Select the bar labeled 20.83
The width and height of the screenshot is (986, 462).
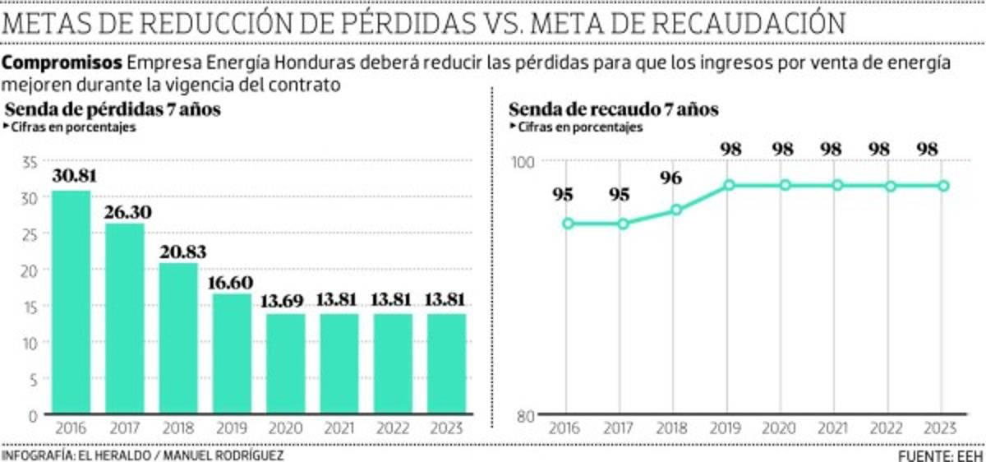pos(177,339)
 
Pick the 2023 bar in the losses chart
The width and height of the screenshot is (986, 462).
pos(446,363)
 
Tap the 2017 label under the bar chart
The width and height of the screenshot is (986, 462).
pos(124,428)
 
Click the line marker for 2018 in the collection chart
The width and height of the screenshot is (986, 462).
pos(676,210)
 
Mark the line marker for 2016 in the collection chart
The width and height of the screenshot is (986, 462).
pos(567,224)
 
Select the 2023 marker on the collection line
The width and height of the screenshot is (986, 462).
pos(944,186)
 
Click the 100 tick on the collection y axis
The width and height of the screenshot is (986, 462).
pos(523,163)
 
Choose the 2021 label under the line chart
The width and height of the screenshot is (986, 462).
pos(837,428)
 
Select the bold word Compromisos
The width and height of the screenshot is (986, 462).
pos(62,63)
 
